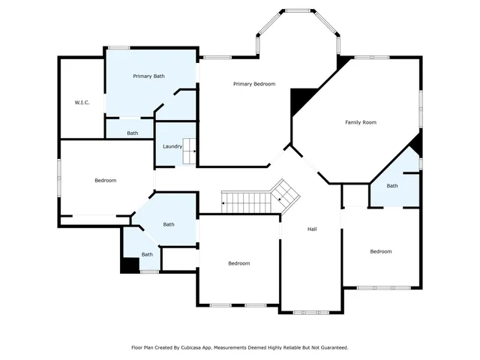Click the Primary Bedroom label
click(253, 84)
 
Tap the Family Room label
click(360, 122)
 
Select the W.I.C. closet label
click(82, 102)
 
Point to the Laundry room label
click(172, 146)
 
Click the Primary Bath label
click(148, 76)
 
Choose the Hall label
click(311, 229)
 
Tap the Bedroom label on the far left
click(105, 180)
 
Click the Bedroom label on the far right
click(380, 251)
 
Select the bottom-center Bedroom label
click(238, 263)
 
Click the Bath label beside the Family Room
click(392, 186)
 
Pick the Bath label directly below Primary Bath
click(132, 133)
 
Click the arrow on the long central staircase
click(224, 202)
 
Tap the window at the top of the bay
click(299, 10)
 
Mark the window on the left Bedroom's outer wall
click(59, 178)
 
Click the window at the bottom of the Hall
click(310, 311)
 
